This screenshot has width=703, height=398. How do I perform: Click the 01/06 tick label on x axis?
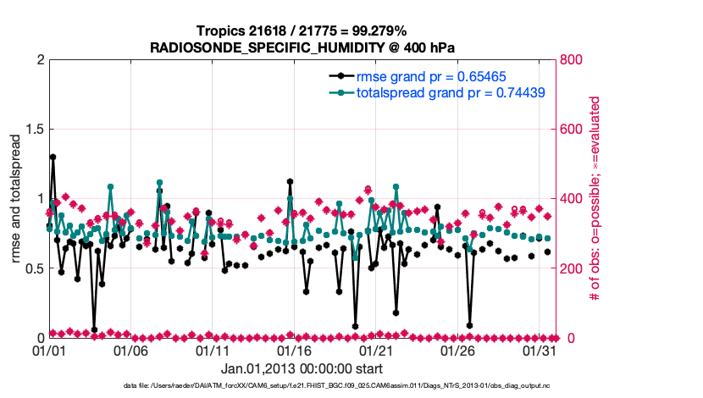click(131, 351)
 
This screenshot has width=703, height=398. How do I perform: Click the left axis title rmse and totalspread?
click(16, 199)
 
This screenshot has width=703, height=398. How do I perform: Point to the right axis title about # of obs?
click(596, 199)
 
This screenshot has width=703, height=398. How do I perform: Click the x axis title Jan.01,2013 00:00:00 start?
click(302, 369)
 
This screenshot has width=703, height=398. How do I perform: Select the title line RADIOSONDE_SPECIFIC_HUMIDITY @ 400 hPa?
click(302, 47)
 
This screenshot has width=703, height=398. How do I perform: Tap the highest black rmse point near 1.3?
click(53, 157)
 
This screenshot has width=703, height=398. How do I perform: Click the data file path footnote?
click(302, 386)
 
